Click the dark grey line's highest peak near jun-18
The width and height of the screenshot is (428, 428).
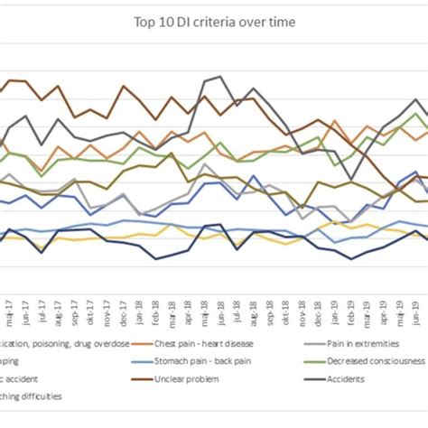pos(220,78)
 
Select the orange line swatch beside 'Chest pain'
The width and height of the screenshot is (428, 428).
pos(143,342)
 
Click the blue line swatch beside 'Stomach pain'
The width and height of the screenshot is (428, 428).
pos(143,360)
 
